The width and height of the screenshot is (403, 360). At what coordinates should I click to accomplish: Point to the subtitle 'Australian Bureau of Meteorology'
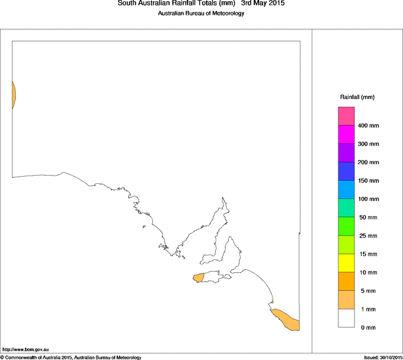[x=201, y=14]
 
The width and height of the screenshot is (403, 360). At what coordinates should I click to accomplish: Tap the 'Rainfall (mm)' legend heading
[x=357, y=97]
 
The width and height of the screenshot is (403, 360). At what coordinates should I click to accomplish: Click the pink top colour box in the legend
[x=346, y=116]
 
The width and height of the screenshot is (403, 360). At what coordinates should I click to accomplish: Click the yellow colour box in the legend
[x=346, y=263]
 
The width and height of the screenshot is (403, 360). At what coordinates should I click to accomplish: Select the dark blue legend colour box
[x=346, y=171]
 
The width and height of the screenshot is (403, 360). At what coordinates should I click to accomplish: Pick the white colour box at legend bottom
[x=346, y=318]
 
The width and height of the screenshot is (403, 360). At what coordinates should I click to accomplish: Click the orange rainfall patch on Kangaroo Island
[x=199, y=277]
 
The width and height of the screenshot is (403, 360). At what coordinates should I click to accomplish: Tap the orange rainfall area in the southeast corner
[x=287, y=320]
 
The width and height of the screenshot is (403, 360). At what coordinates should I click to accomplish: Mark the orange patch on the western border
[x=13, y=95]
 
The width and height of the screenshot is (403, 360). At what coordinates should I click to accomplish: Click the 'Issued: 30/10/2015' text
[x=383, y=357]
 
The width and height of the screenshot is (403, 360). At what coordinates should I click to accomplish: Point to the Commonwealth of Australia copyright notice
[x=71, y=357]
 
